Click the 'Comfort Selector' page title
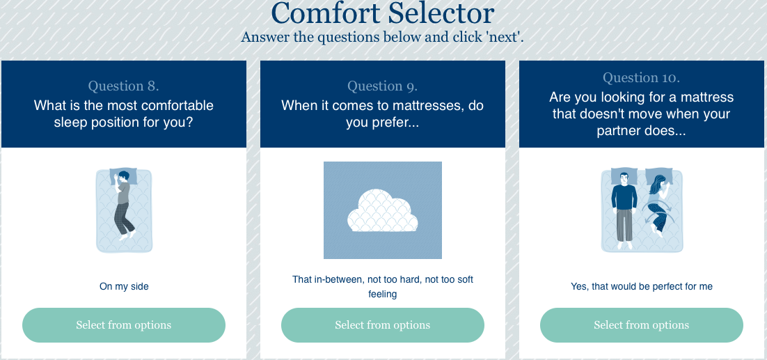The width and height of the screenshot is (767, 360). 383,14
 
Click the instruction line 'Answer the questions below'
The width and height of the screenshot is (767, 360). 382,37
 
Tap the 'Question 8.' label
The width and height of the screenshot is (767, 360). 124,86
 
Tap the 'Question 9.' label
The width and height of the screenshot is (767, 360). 383,86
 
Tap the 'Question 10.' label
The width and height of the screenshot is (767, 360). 641,78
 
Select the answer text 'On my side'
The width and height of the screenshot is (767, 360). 124,287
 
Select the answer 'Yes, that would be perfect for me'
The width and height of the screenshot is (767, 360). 641,287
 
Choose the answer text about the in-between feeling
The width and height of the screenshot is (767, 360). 383,287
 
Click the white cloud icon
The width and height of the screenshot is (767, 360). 383,210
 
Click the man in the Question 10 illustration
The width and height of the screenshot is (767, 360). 624,208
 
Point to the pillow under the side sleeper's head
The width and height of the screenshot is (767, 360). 124,177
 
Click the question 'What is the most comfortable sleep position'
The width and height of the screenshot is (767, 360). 124,114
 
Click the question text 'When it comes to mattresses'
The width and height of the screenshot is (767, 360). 383,114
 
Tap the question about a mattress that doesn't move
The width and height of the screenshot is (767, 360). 641,114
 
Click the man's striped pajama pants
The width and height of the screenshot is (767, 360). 624,224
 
